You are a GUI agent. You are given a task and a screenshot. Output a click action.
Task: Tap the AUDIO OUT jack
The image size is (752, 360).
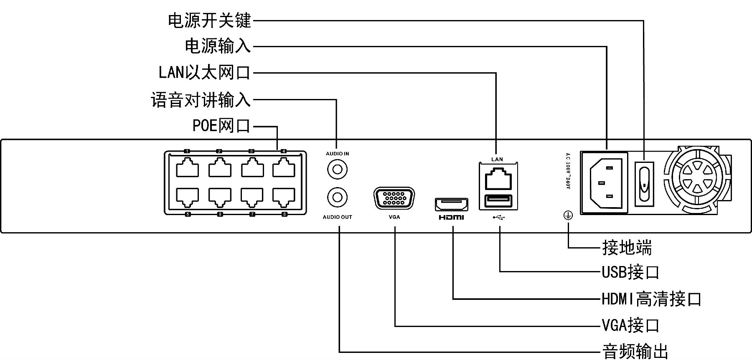point(337,197)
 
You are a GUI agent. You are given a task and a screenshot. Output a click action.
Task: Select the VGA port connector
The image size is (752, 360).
point(394,199)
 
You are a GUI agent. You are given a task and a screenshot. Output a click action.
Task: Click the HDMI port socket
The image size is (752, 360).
point(452,205)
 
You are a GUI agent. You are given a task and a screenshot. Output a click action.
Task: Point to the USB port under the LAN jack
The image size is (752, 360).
point(498,201)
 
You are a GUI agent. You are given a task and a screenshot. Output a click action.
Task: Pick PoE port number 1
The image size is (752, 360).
point(187,169)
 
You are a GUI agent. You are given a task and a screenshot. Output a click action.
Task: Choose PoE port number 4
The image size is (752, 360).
point(284,169)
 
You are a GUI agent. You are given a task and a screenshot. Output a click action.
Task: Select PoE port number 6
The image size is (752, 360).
point(220,197)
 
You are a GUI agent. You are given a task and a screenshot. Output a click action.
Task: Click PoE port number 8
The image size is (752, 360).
point(284,197)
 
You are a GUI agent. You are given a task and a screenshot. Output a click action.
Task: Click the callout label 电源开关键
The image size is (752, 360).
point(209,20)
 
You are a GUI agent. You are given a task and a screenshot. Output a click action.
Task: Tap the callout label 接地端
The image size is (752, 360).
point(627,248)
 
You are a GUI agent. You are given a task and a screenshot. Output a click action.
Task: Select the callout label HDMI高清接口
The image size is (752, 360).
point(651,299)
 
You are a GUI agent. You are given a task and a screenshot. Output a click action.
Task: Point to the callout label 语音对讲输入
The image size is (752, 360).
point(201,100)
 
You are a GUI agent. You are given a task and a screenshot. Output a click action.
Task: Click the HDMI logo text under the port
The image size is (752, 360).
point(451,218)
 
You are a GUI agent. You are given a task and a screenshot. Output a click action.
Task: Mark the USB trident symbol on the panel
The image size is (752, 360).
point(499,217)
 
